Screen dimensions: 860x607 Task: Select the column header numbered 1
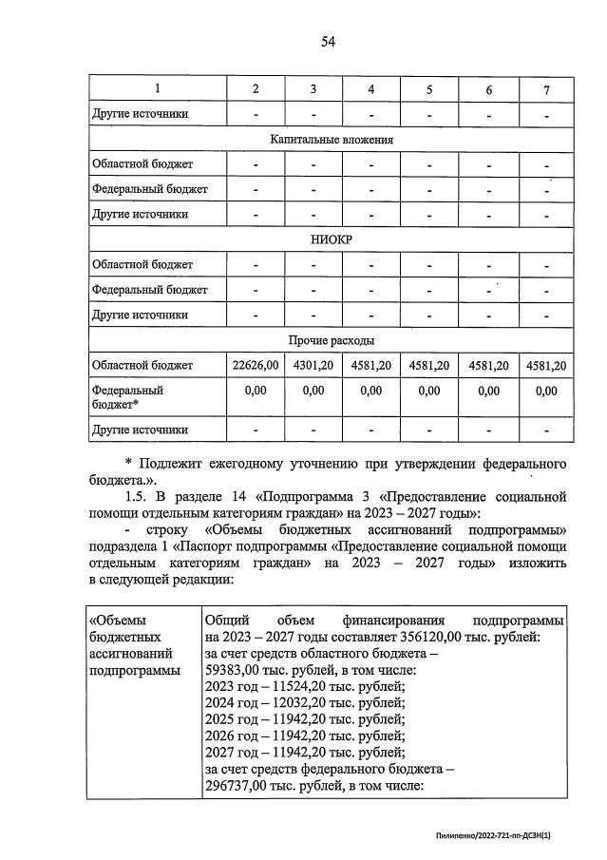(x=158, y=89)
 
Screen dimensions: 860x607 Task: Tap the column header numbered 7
(x=546, y=89)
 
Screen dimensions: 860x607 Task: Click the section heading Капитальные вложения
(x=331, y=139)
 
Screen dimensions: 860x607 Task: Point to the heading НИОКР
(x=331, y=239)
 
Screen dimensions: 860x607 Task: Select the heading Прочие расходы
(x=331, y=339)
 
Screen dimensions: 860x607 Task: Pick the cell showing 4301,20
(x=313, y=365)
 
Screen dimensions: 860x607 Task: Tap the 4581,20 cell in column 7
(x=546, y=365)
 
